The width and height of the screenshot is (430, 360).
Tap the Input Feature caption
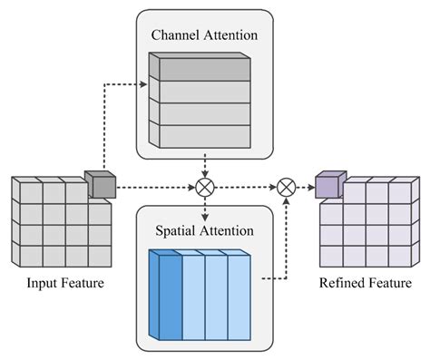click(63, 284)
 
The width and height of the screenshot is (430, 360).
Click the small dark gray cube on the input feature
click(101, 184)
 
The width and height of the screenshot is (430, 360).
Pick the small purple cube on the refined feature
click(327, 184)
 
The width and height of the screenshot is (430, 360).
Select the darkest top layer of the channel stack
click(200, 67)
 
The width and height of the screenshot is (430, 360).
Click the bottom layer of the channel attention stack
click(200, 134)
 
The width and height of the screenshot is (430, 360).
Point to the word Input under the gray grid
click(40, 284)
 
